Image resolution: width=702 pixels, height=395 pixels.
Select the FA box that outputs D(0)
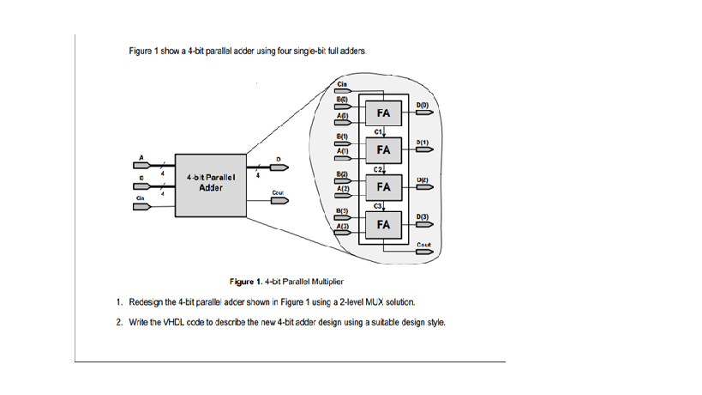(384, 113)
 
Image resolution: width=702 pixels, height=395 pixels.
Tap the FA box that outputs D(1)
(384, 149)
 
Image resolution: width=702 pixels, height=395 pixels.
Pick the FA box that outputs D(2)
(384, 186)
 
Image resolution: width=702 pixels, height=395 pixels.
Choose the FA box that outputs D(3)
(384, 224)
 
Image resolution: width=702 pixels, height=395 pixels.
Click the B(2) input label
(341, 173)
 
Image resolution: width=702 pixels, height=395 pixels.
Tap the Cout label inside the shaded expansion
(423, 245)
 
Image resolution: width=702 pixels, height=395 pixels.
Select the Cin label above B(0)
(342, 84)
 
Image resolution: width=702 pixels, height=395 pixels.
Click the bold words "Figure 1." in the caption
(246, 282)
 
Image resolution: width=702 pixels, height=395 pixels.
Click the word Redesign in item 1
(145, 302)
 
